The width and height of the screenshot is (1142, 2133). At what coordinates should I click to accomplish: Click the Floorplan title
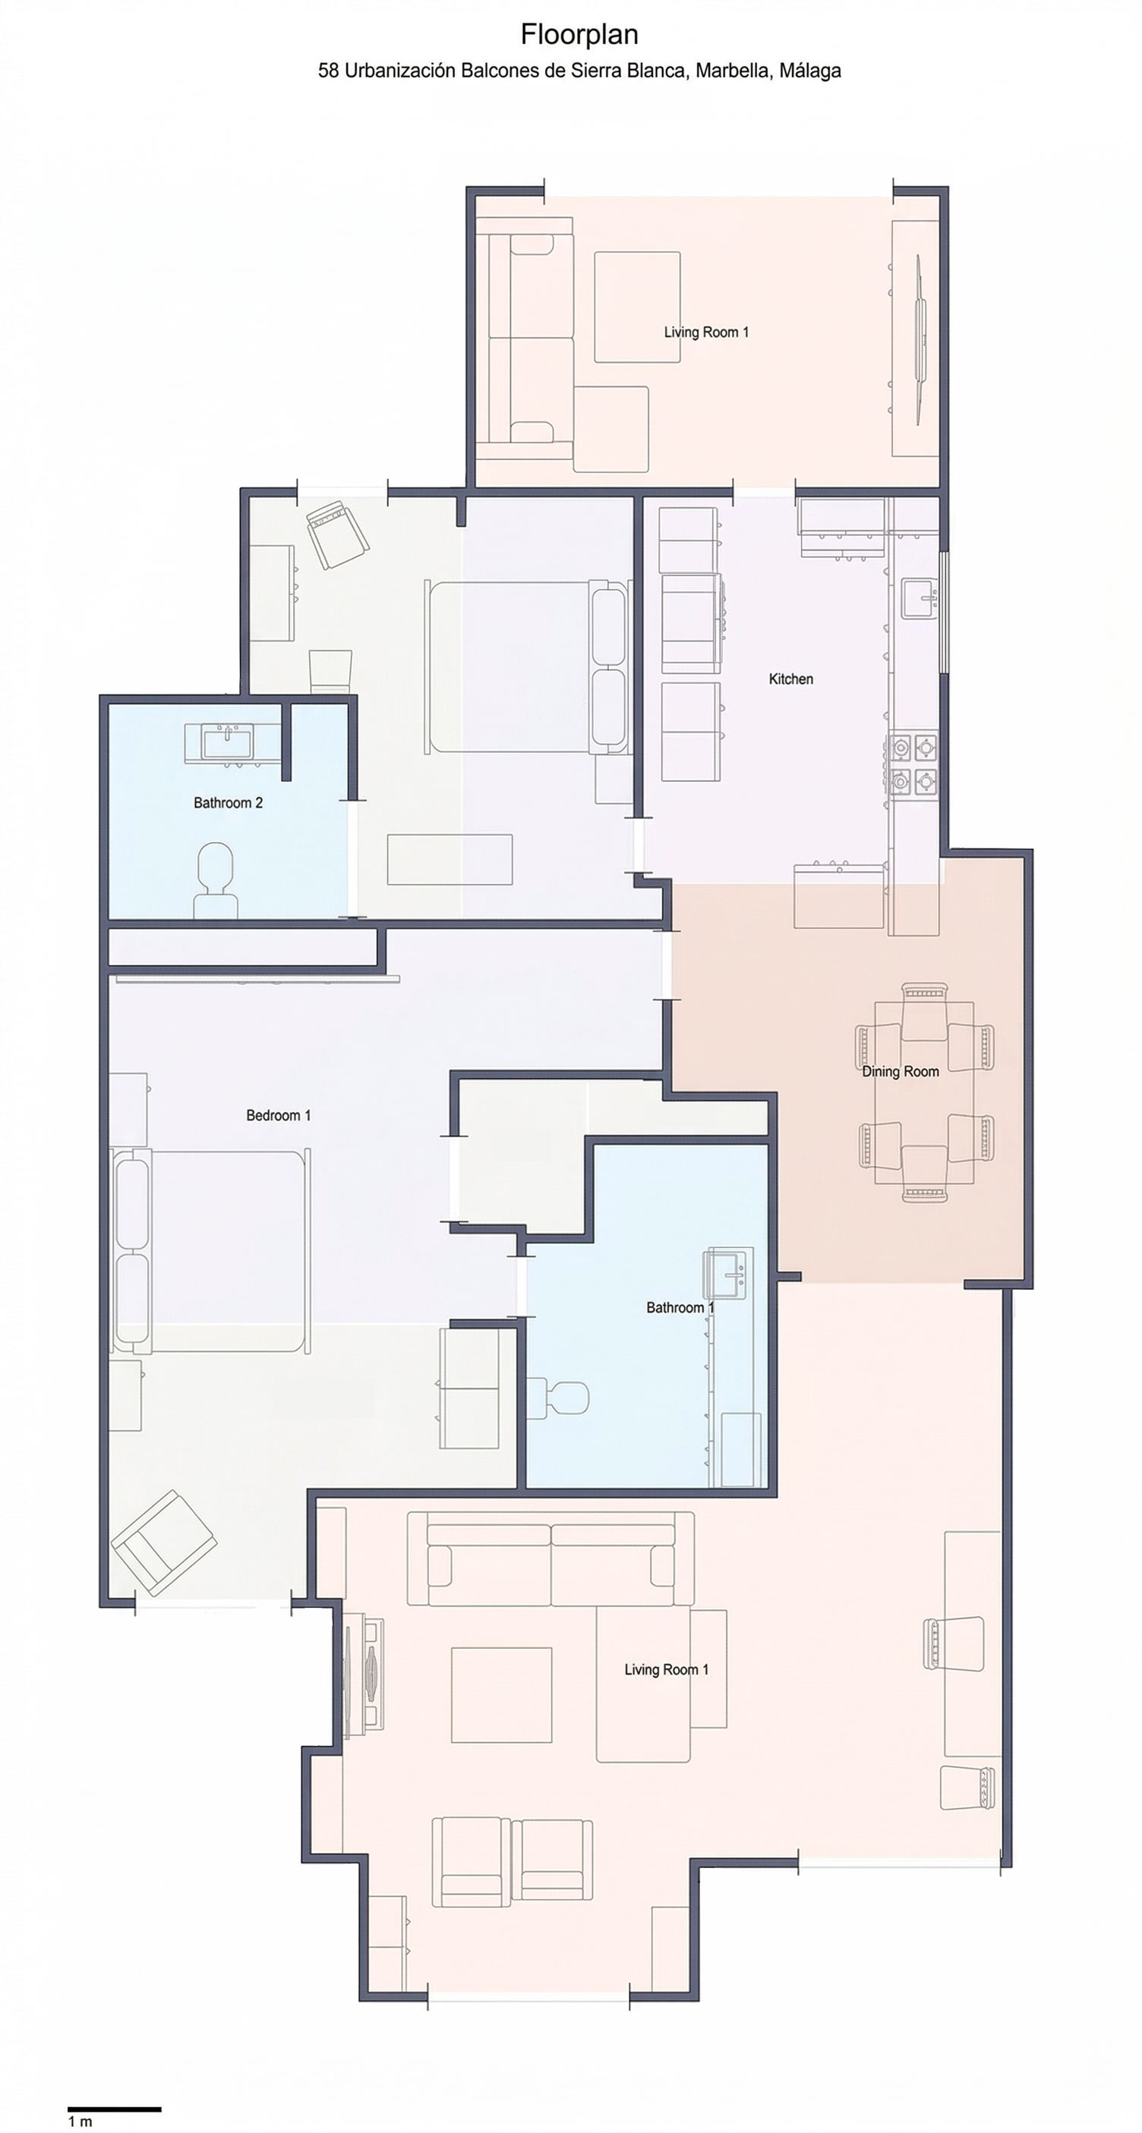coord(579,34)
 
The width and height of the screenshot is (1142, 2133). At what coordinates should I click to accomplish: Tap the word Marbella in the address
coord(731,71)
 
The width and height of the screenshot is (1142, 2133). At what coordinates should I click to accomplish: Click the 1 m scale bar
coord(115,2108)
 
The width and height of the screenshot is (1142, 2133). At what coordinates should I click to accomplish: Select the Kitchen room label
coord(791,679)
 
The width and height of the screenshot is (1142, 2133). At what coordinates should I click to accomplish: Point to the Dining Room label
coord(901,1072)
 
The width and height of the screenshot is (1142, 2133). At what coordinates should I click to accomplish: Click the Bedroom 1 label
coord(278,1115)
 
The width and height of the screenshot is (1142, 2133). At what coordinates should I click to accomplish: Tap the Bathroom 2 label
coord(228,802)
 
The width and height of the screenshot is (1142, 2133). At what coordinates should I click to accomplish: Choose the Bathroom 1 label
coord(680,1307)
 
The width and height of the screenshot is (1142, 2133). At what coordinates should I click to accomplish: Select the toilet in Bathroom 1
coord(558,1397)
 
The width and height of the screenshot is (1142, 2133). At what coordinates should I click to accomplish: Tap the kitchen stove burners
coord(913,764)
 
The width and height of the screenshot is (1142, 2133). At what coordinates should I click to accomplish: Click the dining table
coord(924,1092)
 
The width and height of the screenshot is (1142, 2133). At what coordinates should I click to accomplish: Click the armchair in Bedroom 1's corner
coord(164,1543)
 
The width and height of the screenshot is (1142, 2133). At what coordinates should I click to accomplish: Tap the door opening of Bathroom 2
coord(352,859)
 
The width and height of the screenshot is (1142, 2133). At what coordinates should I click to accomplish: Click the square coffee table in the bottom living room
coord(501,1695)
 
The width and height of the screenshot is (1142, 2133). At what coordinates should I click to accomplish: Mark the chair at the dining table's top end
coord(924,1010)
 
